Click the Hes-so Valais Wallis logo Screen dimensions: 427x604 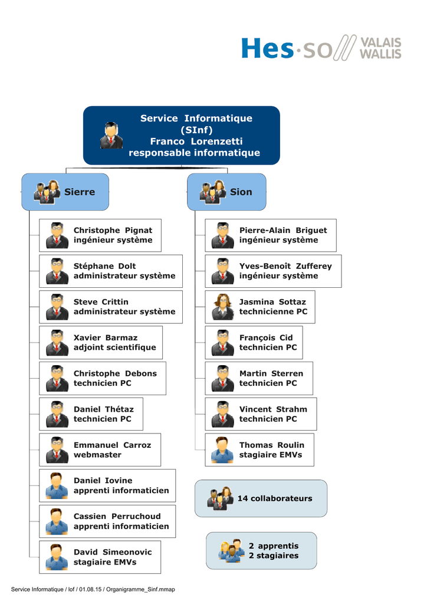pos(321,48)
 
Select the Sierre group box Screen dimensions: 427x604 pos(65,192)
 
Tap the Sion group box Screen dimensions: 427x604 pos(226,192)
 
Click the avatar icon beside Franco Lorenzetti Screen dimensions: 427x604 pos(111,136)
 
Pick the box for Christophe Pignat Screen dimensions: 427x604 pos(100,235)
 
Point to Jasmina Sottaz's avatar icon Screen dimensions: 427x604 pos(222,307)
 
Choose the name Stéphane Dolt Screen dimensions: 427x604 pos(105,266)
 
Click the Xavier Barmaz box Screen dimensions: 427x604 pos(101,343)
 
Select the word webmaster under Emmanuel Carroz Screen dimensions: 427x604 pos(97,455)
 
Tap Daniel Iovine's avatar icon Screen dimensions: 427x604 pos(57,486)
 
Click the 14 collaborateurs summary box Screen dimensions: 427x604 pos(261,498)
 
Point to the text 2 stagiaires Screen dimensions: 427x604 pos(274,556)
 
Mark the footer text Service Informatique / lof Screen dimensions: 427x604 pos(42,589)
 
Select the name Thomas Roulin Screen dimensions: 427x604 pos(272,445)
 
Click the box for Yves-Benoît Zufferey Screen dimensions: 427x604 pos(273,271)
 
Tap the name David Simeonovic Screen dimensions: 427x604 pos(113,552)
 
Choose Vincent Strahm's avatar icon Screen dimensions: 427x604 pos(222,414)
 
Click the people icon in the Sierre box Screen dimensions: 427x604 pos(47,192)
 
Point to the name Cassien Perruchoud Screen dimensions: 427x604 pos(117,517)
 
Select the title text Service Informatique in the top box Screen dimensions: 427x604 pos(196,118)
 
